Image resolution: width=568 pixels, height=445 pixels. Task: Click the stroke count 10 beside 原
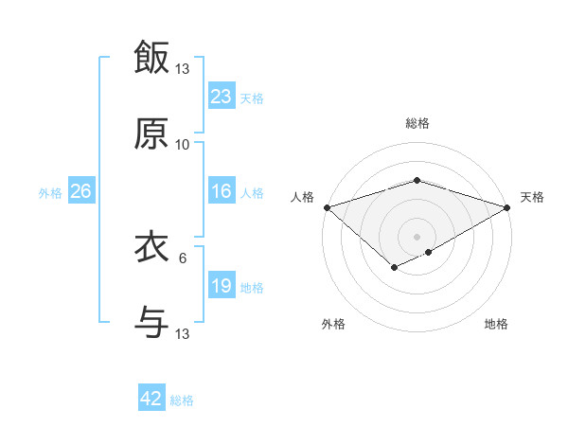point(183,145)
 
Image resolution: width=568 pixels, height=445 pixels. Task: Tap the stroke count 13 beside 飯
point(183,69)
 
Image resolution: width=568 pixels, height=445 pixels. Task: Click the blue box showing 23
point(222,96)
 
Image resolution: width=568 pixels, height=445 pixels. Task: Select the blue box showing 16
point(222,191)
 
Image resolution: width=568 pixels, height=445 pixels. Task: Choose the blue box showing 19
point(222,286)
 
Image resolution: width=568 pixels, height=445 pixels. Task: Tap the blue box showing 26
point(81,191)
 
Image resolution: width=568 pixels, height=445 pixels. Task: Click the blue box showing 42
point(151,399)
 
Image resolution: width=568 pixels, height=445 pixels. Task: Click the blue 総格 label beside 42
point(182,400)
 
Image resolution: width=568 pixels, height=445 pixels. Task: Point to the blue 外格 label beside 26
point(50,193)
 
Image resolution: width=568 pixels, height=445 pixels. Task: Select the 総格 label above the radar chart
point(417,123)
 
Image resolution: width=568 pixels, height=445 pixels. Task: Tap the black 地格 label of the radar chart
point(496,324)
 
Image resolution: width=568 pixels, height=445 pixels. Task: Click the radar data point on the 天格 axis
point(507,206)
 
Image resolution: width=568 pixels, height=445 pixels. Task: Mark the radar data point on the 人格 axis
point(327,206)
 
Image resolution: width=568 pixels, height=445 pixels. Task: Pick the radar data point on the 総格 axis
point(417,180)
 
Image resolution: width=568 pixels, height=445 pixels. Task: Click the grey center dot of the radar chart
point(417,236)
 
